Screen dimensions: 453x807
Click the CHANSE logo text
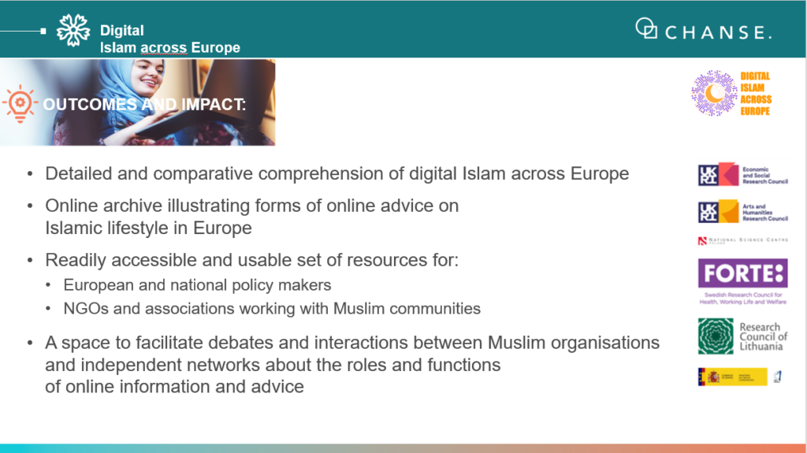click(718, 32)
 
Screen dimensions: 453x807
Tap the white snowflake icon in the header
click(73, 31)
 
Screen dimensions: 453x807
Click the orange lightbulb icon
click(20, 103)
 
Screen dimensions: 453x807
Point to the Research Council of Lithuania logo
click(742, 336)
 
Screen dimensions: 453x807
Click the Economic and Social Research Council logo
click(742, 174)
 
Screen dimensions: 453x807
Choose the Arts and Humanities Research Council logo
click(742, 211)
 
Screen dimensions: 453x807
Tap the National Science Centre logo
click(742, 241)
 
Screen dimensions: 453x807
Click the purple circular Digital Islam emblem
click(714, 93)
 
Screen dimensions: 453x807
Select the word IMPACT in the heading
click(209, 105)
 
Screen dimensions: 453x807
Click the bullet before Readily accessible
click(30, 261)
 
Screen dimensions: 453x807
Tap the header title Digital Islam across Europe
click(169, 39)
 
